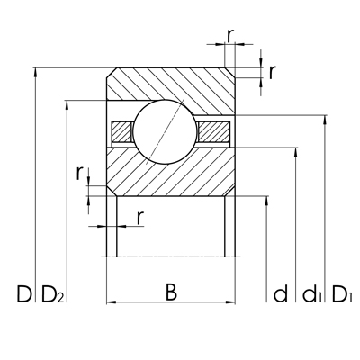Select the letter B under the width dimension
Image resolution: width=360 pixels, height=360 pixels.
pos(171,292)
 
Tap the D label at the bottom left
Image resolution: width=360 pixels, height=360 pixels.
pos(22,293)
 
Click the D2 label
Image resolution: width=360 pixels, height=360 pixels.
pos(52,294)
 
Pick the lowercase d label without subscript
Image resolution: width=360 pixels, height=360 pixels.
pos(281,293)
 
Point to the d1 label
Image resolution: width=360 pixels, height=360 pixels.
pos(312,293)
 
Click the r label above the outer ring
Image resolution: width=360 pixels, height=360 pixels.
pos(230,35)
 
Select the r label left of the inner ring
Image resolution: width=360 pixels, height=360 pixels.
pos(80,170)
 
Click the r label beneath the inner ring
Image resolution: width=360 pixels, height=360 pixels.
pos(139,217)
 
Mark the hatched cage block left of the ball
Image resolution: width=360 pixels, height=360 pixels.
pos(120,130)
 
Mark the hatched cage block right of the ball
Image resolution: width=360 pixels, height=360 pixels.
pos(212,130)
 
